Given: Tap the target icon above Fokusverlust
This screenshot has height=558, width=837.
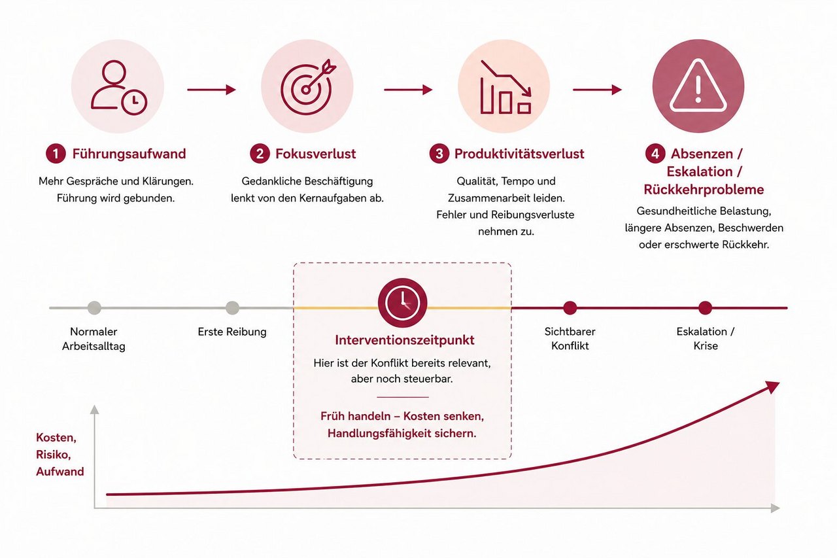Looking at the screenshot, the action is click(x=308, y=87).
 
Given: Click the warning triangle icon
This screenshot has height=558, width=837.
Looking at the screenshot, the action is click(x=698, y=86).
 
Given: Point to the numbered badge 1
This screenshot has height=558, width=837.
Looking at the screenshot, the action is click(x=56, y=154).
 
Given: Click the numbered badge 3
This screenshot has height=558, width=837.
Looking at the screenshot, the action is click(x=439, y=154).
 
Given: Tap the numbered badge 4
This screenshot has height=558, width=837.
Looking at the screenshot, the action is click(x=655, y=154).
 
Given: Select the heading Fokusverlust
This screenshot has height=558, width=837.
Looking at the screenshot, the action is click(x=316, y=154).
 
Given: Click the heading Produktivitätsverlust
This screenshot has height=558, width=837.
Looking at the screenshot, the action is click(x=519, y=154).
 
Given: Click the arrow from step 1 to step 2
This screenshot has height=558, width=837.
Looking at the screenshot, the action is click(x=211, y=90).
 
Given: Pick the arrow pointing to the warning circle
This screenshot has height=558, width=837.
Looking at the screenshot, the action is click(x=597, y=90).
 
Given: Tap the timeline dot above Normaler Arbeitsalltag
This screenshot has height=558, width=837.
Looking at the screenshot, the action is click(x=94, y=308).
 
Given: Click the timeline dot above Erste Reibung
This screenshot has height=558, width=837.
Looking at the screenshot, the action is click(x=232, y=308).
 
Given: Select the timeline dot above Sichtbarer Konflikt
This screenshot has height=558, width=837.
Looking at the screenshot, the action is click(x=570, y=308).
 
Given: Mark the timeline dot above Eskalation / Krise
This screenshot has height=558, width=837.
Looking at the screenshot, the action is click(x=705, y=308).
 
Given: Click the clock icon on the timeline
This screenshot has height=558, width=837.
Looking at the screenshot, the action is click(x=402, y=303).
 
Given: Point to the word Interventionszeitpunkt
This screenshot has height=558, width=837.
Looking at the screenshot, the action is click(x=405, y=340).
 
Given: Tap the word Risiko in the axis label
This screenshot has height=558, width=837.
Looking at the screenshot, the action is click(x=54, y=455).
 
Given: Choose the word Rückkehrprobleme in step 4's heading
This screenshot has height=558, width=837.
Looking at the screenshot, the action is click(x=704, y=190).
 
